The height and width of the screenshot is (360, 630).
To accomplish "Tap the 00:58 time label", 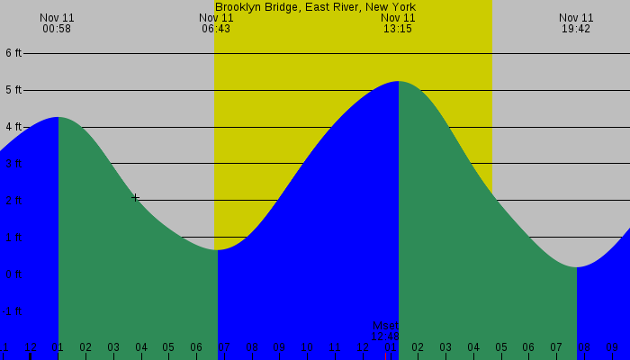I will [57, 29].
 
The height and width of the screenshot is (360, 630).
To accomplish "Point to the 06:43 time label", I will [216, 29].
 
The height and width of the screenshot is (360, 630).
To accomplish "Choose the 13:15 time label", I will [398, 29].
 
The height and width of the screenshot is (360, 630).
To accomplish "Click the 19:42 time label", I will [576, 29].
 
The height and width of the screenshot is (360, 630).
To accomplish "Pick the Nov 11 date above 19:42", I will [576, 17].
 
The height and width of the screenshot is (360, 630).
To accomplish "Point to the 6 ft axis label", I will [13, 53].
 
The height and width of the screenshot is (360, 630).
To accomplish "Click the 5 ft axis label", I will [13, 90].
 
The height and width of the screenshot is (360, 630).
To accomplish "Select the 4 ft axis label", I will [13, 127].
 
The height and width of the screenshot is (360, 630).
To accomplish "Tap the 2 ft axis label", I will [13, 201].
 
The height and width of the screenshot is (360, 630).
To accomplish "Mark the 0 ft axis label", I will [13, 274].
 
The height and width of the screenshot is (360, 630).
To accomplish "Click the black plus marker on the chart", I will [135, 197].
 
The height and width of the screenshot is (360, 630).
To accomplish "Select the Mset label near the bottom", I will [385, 326].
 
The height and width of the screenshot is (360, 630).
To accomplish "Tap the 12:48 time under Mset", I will [385, 337].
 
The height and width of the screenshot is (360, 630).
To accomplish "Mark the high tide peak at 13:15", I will [398, 82].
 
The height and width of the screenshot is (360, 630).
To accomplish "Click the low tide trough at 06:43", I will [217, 249].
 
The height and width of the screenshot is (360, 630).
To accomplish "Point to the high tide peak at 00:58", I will [58, 117].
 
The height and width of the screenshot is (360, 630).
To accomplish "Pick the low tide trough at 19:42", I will [577, 267].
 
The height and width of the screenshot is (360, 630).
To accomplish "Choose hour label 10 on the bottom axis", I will [307, 347].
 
